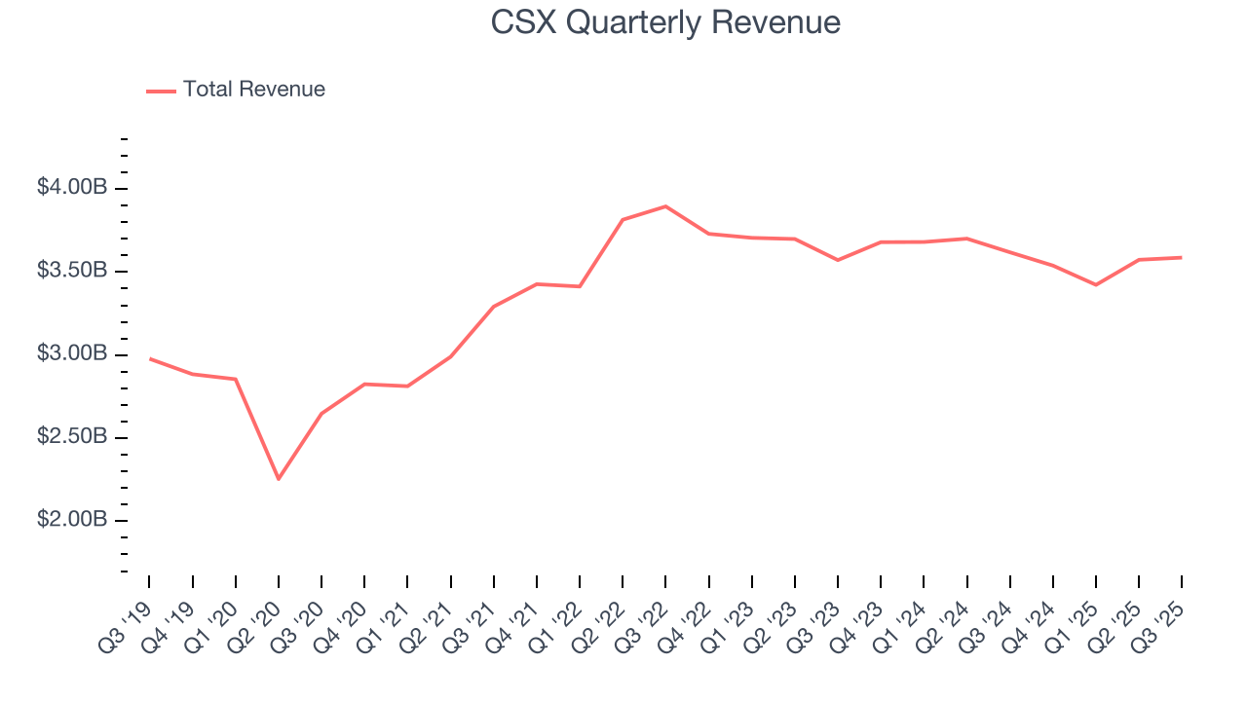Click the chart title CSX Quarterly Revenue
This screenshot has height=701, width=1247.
(x=665, y=22)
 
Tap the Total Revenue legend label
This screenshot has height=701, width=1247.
(x=253, y=90)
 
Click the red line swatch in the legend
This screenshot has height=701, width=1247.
(x=161, y=91)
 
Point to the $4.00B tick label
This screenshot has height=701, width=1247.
(x=72, y=187)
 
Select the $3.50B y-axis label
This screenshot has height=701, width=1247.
(x=72, y=271)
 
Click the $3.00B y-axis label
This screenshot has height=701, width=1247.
(x=72, y=353)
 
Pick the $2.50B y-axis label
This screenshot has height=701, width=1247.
(x=72, y=437)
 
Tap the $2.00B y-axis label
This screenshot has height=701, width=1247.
(x=72, y=520)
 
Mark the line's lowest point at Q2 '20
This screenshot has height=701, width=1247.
(x=279, y=479)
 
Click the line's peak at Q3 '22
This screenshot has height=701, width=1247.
(x=665, y=206)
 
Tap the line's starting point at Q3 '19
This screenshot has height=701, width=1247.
(x=150, y=358)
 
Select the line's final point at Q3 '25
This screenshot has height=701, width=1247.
(x=1181, y=258)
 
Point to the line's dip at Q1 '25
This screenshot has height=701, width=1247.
(x=1096, y=284)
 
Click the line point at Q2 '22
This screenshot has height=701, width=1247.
(x=623, y=220)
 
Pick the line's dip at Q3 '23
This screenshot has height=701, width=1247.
(x=838, y=260)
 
